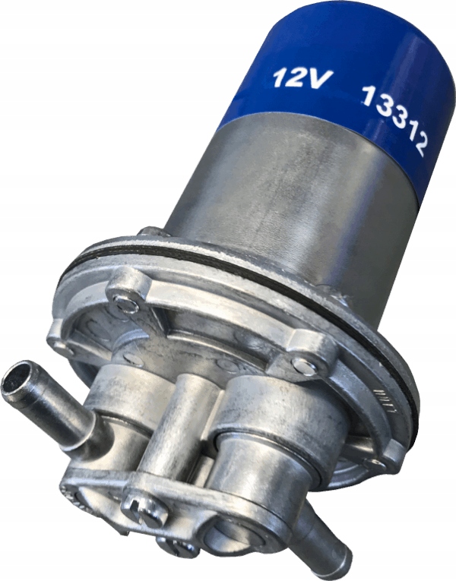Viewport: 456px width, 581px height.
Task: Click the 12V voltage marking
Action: pos(298,78)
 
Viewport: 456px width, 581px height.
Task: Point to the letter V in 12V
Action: pos(314,79)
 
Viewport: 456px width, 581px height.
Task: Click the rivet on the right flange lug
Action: pos(302,365)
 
